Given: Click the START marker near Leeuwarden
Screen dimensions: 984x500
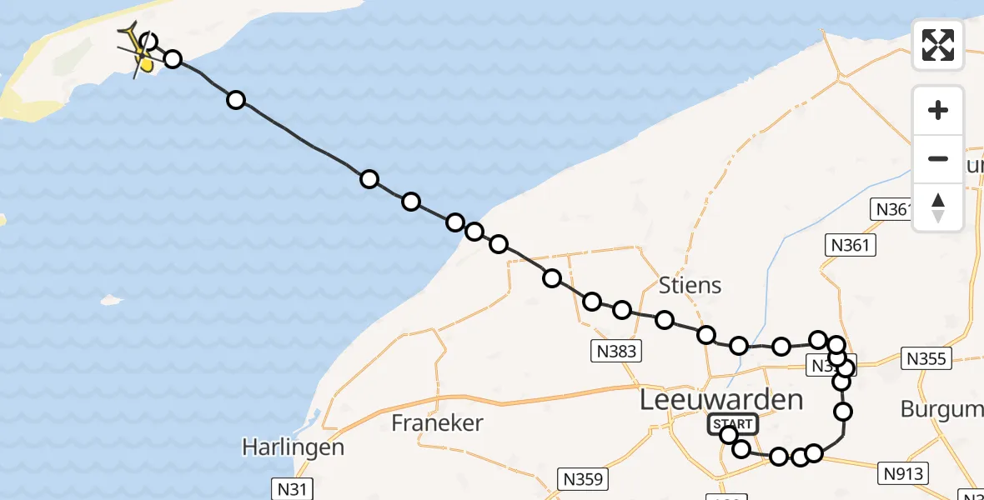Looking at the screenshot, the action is click(733, 424).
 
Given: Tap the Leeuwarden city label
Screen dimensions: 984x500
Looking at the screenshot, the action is click(721, 400).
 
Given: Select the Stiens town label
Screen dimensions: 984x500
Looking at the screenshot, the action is click(690, 286).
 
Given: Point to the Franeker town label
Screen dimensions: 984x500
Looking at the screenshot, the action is click(437, 423).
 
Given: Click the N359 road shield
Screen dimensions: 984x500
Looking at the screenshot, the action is click(584, 479).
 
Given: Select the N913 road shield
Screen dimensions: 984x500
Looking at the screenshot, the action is click(904, 473).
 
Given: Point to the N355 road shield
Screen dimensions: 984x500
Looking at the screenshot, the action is click(926, 358).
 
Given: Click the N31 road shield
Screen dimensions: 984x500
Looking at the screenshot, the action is click(293, 488).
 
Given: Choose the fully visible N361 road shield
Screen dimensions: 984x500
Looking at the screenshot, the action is click(850, 245).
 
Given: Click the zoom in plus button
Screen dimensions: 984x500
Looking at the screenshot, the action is click(938, 110).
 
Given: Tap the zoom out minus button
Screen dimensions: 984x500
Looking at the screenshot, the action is click(938, 158).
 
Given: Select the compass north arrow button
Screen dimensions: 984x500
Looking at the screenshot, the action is click(938, 207).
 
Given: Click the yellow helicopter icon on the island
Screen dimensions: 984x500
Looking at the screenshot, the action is click(136, 48).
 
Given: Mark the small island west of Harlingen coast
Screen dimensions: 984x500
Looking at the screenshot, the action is click(112, 299).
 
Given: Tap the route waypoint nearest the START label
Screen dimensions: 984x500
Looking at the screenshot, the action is click(729, 435).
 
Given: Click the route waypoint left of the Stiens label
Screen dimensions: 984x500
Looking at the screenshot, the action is click(621, 310).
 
